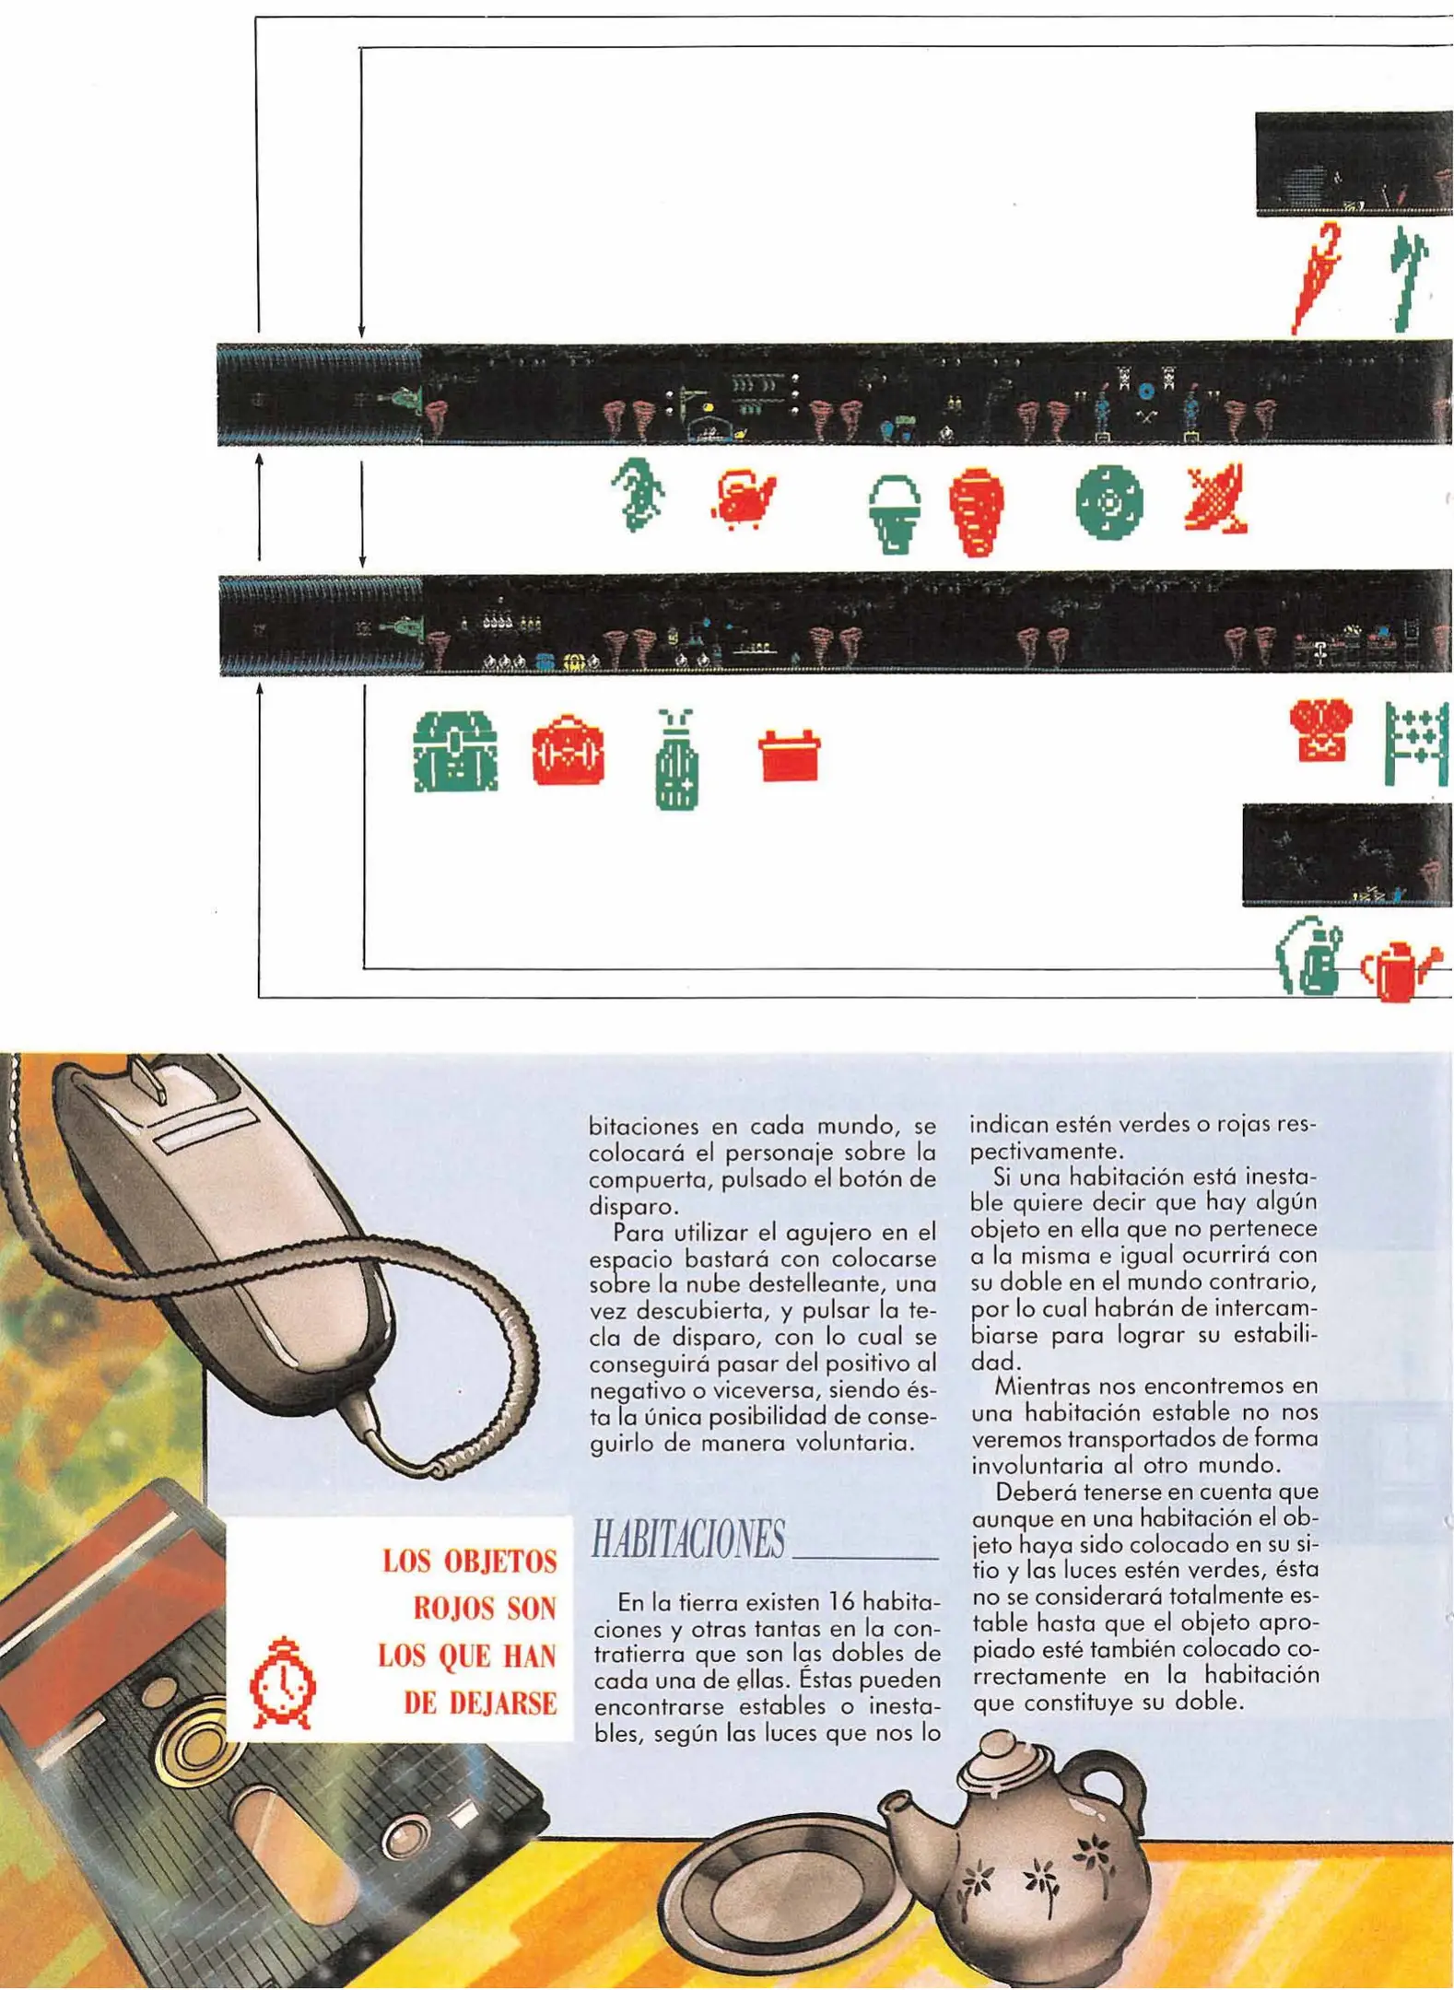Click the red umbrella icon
pyautogui.click(x=1315, y=276)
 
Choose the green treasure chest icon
pyautogui.click(x=455, y=751)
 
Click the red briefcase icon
pyautogui.click(x=569, y=751)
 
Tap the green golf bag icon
pyautogui.click(x=676, y=761)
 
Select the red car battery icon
pyautogui.click(x=789, y=755)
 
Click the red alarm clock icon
pyautogui.click(x=283, y=1684)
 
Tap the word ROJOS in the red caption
pyautogui.click(x=485, y=1610)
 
